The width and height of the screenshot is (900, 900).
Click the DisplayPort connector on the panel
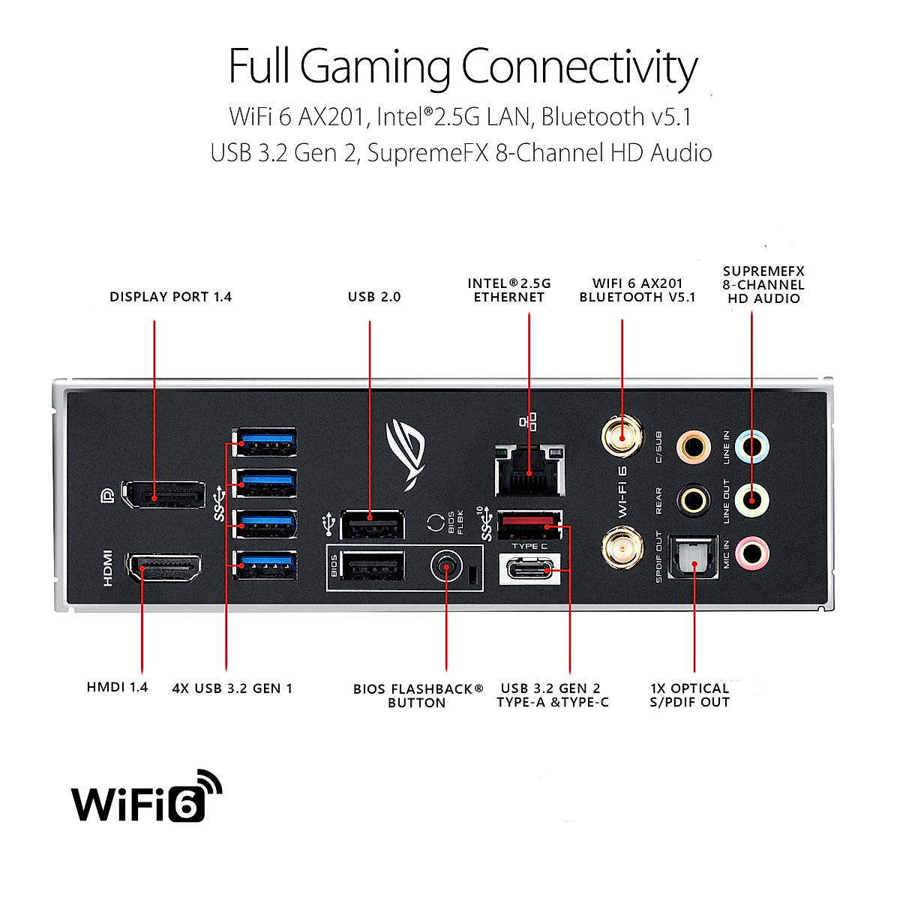(163, 494)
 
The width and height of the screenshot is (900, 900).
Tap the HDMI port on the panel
(163, 568)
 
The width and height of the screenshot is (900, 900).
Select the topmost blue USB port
(265, 442)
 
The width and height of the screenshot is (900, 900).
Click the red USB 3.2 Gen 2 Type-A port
(529, 524)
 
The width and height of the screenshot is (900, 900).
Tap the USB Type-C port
(529, 569)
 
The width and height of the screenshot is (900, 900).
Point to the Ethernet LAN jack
(529, 471)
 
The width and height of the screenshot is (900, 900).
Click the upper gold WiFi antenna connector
(622, 437)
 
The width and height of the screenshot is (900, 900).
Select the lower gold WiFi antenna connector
(622, 549)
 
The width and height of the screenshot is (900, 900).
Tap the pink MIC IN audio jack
(752, 554)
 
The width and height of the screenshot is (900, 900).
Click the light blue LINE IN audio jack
(752, 446)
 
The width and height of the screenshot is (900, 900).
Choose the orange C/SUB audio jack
(694, 447)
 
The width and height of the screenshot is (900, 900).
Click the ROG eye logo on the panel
(406, 454)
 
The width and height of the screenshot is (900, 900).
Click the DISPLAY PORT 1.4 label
(170, 296)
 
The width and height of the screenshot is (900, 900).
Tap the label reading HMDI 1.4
(117, 687)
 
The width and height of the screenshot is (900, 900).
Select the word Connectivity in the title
(580, 67)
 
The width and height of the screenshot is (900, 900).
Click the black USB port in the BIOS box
(372, 565)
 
